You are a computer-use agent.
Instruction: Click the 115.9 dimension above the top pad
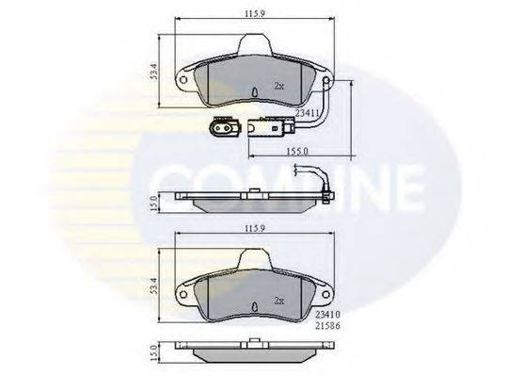pyautogui.click(x=255, y=13)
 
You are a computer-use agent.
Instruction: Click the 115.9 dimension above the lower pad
pyautogui.click(x=255, y=228)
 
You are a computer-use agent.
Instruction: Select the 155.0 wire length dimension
pyautogui.click(x=297, y=151)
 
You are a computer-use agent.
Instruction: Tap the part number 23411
pyautogui.click(x=308, y=112)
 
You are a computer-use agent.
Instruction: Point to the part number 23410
pyautogui.click(x=327, y=315)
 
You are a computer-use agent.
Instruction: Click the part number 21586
pyautogui.click(x=327, y=326)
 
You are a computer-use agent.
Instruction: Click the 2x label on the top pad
pyautogui.click(x=279, y=86)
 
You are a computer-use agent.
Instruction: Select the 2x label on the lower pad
pyautogui.click(x=279, y=301)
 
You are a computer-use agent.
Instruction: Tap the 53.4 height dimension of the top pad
pyautogui.click(x=154, y=72)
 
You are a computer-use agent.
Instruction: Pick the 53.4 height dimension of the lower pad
pyautogui.click(x=154, y=286)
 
